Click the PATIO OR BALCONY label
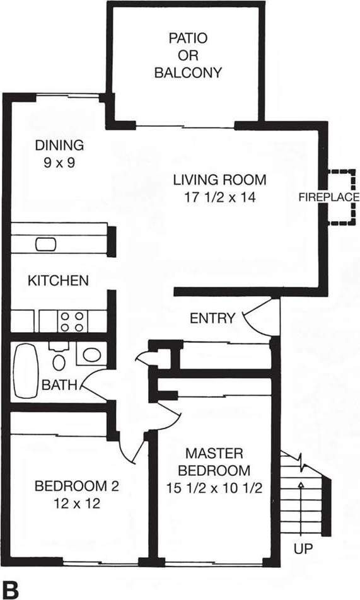pos(187,55)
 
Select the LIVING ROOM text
pos(219,180)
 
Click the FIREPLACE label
pos(328,197)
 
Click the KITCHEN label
pos(58,280)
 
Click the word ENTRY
pos(212,318)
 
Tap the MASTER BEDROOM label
pos(214,461)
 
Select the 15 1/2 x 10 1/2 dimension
pos(214,487)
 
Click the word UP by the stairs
pos(303,549)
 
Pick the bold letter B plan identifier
pos(11,590)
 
